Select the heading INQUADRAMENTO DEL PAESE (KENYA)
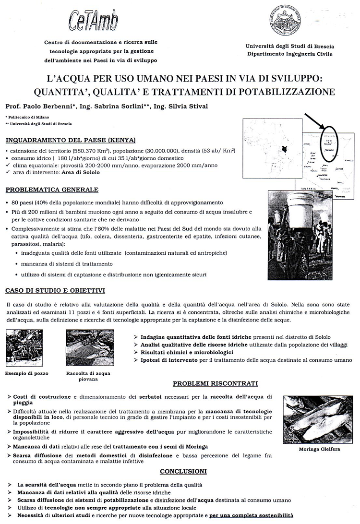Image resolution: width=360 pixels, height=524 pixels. [x=70, y=140]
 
